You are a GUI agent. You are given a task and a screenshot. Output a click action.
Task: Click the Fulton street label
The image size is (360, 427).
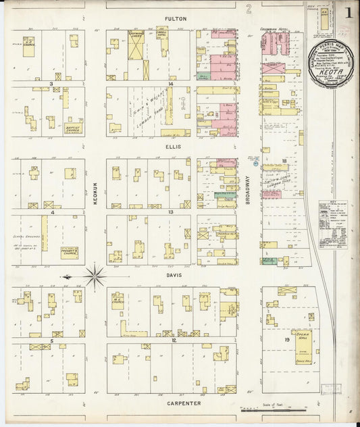click(178, 20)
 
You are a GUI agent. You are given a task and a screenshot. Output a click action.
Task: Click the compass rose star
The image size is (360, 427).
click(95, 276)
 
